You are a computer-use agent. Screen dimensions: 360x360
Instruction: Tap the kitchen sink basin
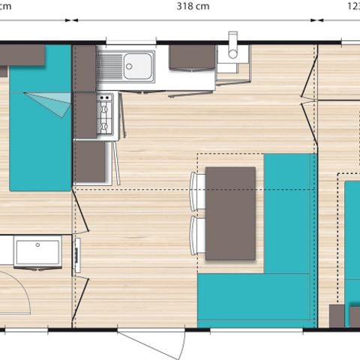(139, 67)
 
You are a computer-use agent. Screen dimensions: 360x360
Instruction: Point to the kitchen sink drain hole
(130, 66)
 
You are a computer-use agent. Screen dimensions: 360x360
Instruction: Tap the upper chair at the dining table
(198, 190)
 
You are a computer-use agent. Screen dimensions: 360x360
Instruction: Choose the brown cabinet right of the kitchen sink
(192, 58)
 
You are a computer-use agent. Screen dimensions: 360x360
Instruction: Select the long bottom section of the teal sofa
(255, 300)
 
